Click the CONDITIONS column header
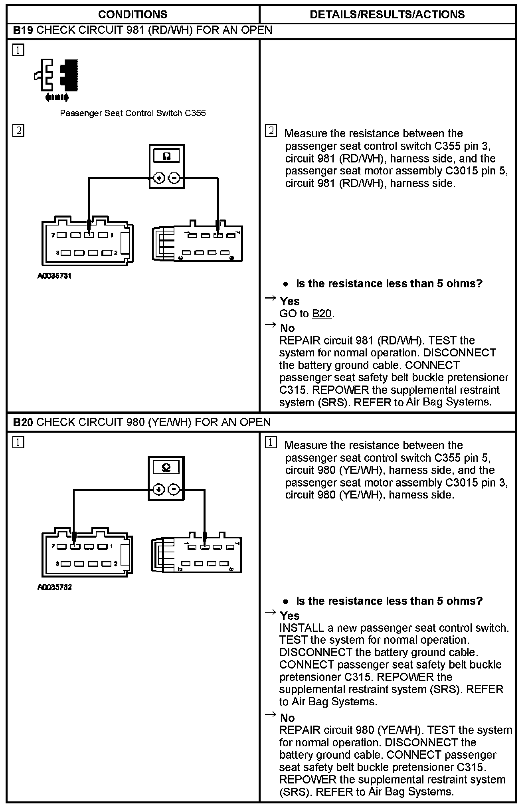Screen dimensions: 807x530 pos(132,15)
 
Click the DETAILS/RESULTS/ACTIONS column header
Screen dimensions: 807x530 pos(387,15)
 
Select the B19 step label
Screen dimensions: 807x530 pos(23,30)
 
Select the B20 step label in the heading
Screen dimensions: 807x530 pos(23,422)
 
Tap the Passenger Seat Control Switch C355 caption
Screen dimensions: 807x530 pos(132,113)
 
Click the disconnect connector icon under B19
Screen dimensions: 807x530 pos(57,79)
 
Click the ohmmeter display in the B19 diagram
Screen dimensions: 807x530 pos(167,156)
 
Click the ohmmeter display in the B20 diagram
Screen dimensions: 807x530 pos(166,468)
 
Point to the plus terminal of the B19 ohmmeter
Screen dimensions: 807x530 pos(159,178)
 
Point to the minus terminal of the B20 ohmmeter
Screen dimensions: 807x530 pos(174,489)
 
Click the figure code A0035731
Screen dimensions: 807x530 pos(54,276)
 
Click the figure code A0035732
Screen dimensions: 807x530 pos(54,587)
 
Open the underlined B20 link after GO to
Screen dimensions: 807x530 pos(322,314)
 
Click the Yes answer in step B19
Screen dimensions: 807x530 pos(290,301)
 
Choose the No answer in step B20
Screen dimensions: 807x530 pos(287,718)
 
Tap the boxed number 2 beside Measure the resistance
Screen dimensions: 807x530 pos(271,131)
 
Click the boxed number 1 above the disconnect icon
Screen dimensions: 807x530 pos(18,50)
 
